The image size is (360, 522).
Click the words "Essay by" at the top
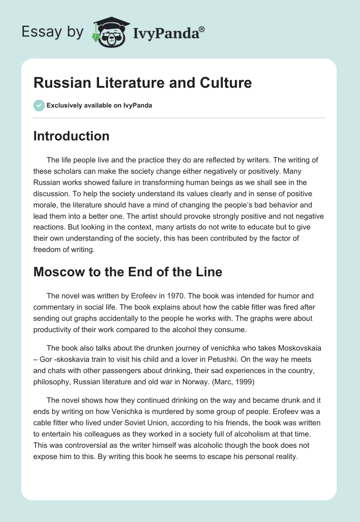point(53,32)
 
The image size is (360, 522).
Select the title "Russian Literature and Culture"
point(142,83)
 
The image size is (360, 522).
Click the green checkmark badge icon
point(39,105)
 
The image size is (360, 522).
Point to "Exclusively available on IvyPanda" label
point(99,105)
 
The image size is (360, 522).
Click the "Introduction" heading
point(72,136)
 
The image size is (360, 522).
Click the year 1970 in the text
point(185,296)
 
